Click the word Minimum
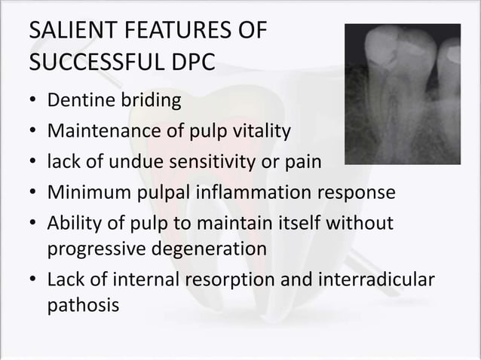point(81,192)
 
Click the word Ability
point(72,223)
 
